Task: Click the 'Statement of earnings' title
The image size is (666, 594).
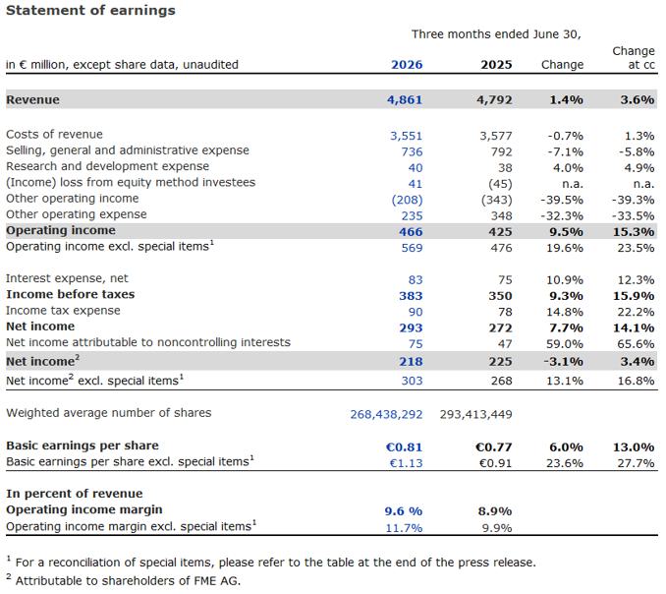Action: (x=90, y=11)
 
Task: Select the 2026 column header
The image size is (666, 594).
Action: (x=407, y=65)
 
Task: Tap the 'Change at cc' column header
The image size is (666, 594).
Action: (x=634, y=58)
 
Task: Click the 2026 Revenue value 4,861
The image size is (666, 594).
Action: (x=405, y=100)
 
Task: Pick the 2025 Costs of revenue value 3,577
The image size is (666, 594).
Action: (x=496, y=136)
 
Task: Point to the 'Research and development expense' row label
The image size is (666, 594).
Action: (x=107, y=166)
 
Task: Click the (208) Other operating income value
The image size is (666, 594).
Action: (x=408, y=200)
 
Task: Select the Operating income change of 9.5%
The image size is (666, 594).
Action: (x=566, y=232)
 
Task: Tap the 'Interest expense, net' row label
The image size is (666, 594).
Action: (x=67, y=278)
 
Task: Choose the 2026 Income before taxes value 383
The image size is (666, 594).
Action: (x=411, y=296)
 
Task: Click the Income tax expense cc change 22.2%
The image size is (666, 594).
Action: (x=636, y=312)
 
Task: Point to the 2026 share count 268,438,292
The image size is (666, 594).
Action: (x=386, y=414)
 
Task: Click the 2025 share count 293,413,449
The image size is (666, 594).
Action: (x=476, y=414)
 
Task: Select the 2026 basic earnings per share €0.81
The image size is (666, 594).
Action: (x=404, y=447)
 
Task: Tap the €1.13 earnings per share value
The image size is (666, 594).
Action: (x=406, y=463)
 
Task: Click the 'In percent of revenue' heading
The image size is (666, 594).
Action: (x=75, y=494)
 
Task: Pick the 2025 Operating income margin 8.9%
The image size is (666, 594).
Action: (x=495, y=511)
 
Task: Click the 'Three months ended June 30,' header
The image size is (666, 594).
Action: (x=496, y=34)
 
